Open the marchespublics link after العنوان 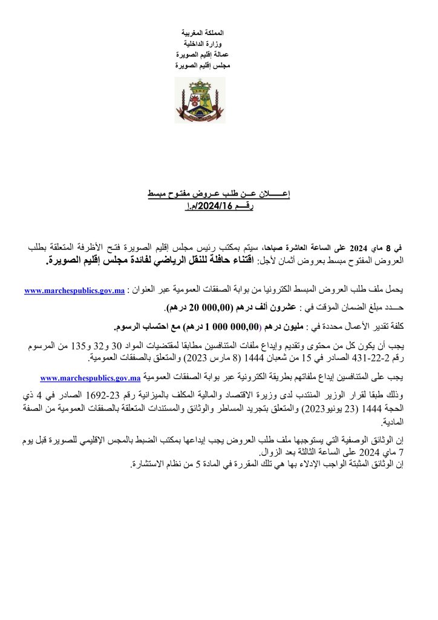(x=74, y=291)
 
